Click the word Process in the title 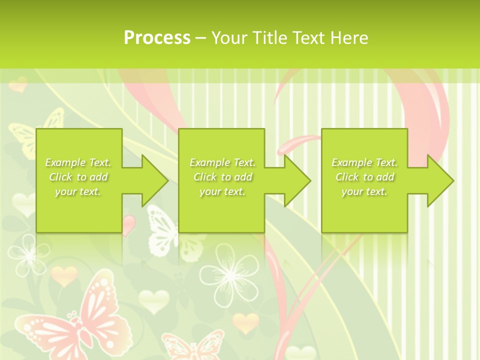point(157,37)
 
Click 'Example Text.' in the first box point(78,162)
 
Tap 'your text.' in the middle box point(222,191)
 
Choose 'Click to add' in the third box point(364,177)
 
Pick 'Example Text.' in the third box point(364,162)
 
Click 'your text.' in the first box point(78,191)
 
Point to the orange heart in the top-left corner point(18,84)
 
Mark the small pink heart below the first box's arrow point(128,224)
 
